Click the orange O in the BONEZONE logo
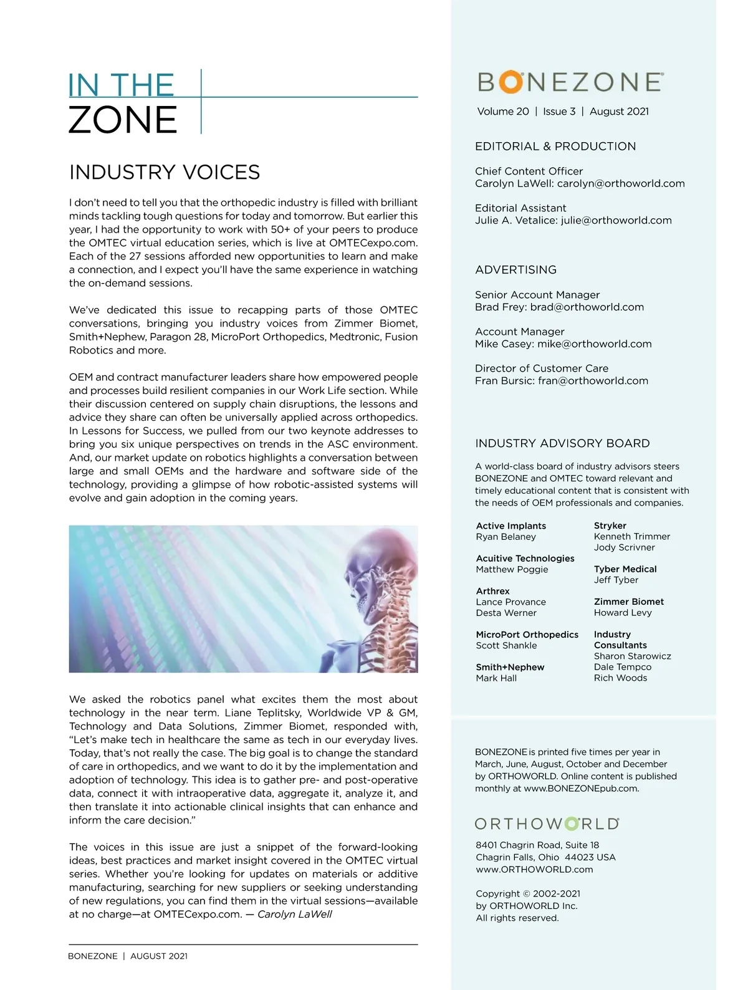pyautogui.click(x=511, y=82)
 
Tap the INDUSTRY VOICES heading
pyautogui.click(x=165, y=172)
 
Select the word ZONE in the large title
pyautogui.click(x=123, y=120)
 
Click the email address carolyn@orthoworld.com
pyautogui.click(x=621, y=183)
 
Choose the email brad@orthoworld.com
pyautogui.click(x=587, y=307)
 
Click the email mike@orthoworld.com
pyautogui.click(x=595, y=344)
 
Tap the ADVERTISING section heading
pyautogui.click(x=515, y=270)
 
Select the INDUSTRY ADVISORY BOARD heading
pyautogui.click(x=562, y=443)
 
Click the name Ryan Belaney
pyautogui.click(x=506, y=537)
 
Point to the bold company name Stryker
pyautogui.click(x=610, y=526)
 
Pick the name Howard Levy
pyautogui.click(x=623, y=613)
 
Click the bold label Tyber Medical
pyautogui.click(x=625, y=569)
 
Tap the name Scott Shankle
pyautogui.click(x=506, y=646)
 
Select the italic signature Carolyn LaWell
pyautogui.click(x=295, y=914)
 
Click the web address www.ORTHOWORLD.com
pyautogui.click(x=534, y=869)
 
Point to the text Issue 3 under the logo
pyautogui.click(x=559, y=112)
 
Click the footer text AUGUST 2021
pyautogui.click(x=159, y=956)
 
